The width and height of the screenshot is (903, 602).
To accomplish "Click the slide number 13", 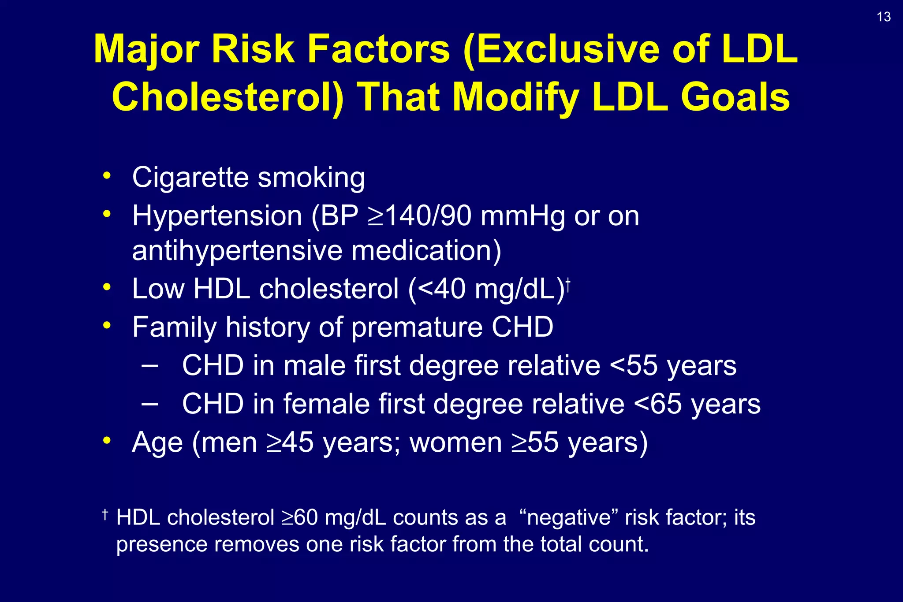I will [884, 17].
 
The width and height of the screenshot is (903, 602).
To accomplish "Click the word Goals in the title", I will [735, 98].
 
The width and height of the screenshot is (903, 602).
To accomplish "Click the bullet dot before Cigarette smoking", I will [106, 176].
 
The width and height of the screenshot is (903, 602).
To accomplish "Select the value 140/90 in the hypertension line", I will [428, 216].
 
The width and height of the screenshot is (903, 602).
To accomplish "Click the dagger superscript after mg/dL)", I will [568, 284].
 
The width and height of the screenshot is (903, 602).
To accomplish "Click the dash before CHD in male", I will [150, 366].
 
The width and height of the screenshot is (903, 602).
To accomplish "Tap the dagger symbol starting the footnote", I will [105, 514].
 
